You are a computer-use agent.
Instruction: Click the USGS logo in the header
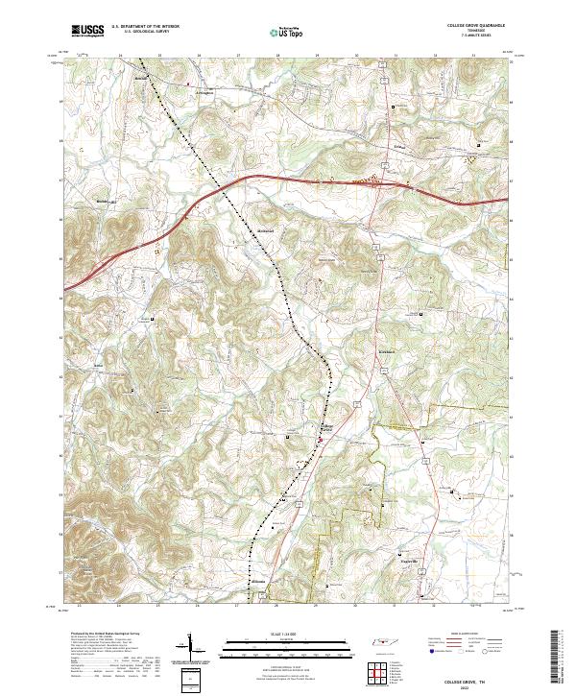coord(87,31)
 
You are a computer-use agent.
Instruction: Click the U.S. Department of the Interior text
coord(142,28)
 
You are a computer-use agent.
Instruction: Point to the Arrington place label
coord(198,93)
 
